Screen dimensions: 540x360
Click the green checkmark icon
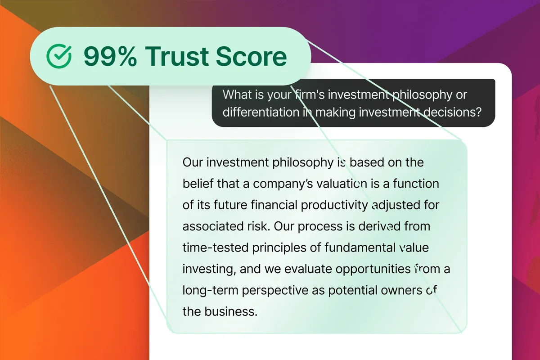pos(59,56)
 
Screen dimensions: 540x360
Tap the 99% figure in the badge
pos(110,56)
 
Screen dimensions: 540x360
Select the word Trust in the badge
pos(177,56)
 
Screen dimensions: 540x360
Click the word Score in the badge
pos(252,56)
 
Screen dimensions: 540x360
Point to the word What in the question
pos(237,94)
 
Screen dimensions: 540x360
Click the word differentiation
pos(261,112)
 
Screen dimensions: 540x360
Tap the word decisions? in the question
pos(453,112)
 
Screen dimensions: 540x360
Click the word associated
pos(213,226)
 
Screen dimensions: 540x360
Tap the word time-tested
pos(216,248)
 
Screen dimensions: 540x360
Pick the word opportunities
pos(373,270)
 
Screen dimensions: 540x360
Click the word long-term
pos(211,291)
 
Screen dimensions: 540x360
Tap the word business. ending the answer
pos(231,311)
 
